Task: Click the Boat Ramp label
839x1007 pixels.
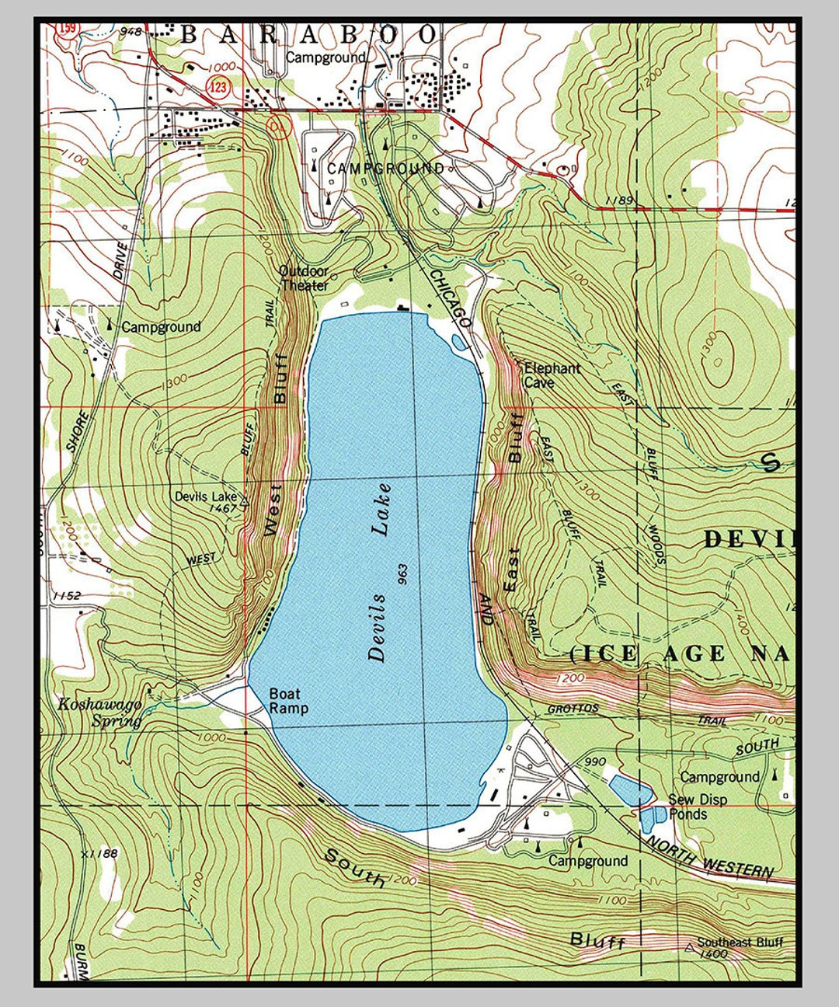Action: (x=288, y=701)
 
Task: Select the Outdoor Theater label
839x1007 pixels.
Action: (x=304, y=278)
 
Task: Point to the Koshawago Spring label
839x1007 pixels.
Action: (x=100, y=712)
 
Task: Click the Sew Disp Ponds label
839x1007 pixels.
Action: (x=698, y=807)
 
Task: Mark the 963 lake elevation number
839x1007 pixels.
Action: (x=402, y=574)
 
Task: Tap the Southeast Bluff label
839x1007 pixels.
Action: (x=740, y=943)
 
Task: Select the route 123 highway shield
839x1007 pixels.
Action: (x=219, y=87)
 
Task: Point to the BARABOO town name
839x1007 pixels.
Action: (x=309, y=35)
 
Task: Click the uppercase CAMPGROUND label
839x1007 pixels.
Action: (x=385, y=169)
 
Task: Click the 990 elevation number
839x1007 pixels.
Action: (x=595, y=761)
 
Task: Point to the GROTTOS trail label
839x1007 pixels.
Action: (x=573, y=709)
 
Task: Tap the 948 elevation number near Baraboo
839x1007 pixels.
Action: (x=131, y=32)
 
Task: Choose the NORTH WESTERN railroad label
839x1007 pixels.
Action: (x=708, y=856)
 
